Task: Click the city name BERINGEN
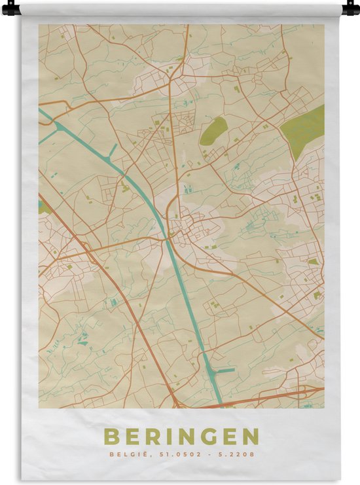coord(181,437)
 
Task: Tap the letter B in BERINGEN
coord(111,437)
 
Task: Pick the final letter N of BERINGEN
coord(251,437)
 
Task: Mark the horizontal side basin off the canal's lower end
coord(224,371)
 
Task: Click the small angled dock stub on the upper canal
coord(113,150)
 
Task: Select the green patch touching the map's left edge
coord(43,207)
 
